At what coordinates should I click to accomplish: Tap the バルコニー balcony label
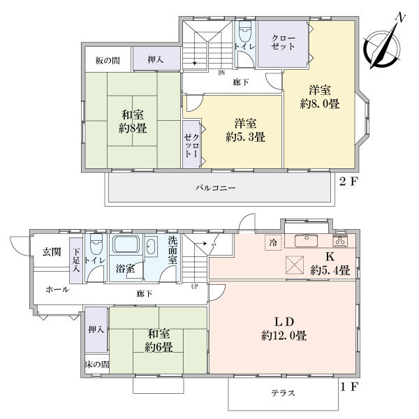pyautogui.click(x=215, y=188)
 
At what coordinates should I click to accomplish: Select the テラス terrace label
pyautogui.click(x=284, y=393)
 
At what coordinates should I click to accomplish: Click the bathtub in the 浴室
pyautogui.click(x=126, y=244)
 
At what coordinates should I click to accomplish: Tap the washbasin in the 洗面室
pyautogui.click(x=152, y=247)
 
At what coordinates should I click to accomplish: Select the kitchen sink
pyautogui.click(x=307, y=240)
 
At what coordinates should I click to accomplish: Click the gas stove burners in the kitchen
pyautogui.click(x=340, y=242)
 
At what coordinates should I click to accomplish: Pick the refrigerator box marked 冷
pyautogui.click(x=273, y=242)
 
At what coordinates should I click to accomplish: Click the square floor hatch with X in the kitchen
pyautogui.click(x=295, y=265)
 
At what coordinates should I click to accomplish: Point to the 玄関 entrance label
pyautogui.click(x=52, y=251)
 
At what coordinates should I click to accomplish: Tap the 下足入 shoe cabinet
pyautogui.click(x=76, y=260)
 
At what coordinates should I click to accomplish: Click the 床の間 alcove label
pyautogui.click(x=97, y=365)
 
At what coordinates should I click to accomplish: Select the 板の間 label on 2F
pyautogui.click(x=108, y=61)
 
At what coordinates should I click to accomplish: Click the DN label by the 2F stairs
pyautogui.click(x=221, y=73)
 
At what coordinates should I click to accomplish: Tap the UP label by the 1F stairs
pyautogui.click(x=195, y=287)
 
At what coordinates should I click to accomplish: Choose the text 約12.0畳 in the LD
pyautogui.click(x=284, y=336)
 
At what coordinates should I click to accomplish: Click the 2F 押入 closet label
pyautogui.click(x=156, y=59)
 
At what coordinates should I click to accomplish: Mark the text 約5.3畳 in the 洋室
pyautogui.click(x=245, y=138)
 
